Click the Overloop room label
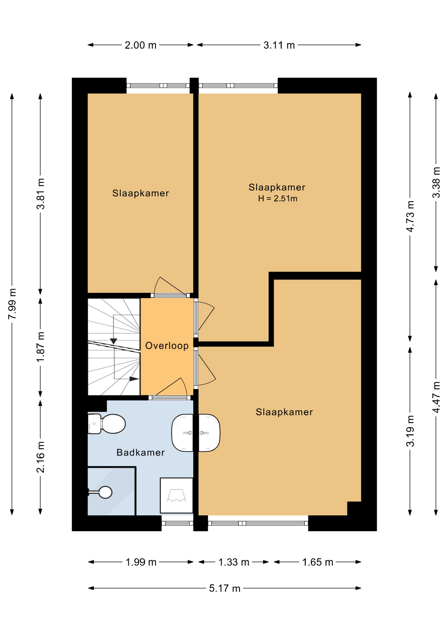point(167,346)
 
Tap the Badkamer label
point(141,452)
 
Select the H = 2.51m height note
point(278,198)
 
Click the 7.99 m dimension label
point(12,304)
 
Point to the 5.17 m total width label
point(225,588)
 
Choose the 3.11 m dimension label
point(279,45)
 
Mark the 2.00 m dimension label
point(141,45)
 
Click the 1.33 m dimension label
point(234,562)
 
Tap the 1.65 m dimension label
point(318,562)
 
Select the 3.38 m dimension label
point(436,182)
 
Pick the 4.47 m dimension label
point(436,397)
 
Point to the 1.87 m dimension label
point(41,347)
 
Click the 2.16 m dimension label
point(41,457)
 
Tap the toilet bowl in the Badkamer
point(113,424)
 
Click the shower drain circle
point(106,492)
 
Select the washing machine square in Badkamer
point(176,495)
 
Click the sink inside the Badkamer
point(182,433)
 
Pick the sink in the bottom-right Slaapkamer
point(209,433)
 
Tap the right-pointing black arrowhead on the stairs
point(134,379)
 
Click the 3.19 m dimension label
point(410,431)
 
